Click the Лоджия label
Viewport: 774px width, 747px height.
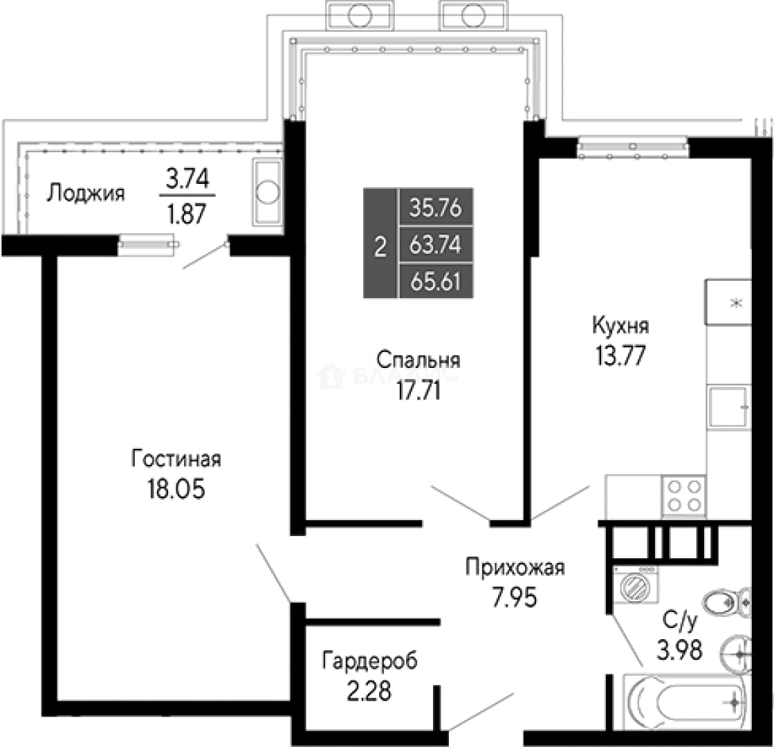(86, 194)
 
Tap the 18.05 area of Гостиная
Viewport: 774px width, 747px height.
(176, 489)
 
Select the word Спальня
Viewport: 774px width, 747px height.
(418, 360)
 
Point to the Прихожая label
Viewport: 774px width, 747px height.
(515, 568)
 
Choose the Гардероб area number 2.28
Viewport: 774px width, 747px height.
(369, 691)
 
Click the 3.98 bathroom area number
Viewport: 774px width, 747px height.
(679, 649)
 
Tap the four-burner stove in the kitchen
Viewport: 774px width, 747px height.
(684, 496)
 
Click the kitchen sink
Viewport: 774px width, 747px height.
(728, 407)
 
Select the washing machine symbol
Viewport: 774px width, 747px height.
(636, 585)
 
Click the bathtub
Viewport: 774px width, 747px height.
(688, 701)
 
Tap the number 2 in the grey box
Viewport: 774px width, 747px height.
(380, 246)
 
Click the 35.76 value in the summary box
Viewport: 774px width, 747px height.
(435, 207)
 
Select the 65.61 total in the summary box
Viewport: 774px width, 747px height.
(435, 282)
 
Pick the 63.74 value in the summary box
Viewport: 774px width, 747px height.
(435, 244)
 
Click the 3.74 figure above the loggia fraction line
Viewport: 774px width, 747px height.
(187, 178)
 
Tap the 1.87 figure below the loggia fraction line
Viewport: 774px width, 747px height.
(187, 214)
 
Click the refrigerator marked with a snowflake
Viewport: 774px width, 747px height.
(728, 302)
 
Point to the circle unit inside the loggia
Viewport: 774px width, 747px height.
(268, 192)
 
